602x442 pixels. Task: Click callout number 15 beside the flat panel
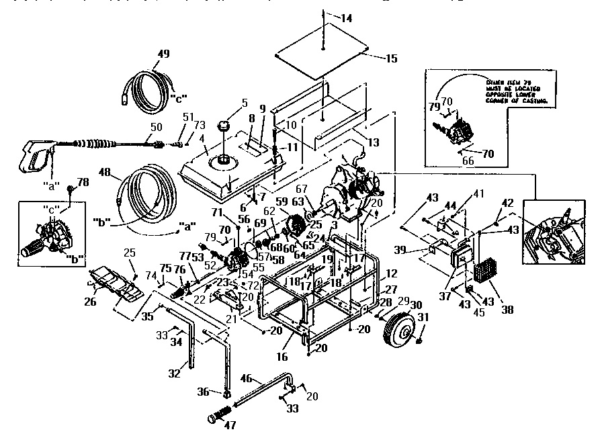point(392,58)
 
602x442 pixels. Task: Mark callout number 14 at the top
point(345,18)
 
